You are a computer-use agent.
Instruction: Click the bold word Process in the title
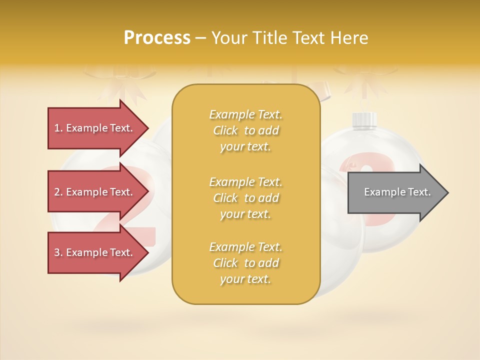click(157, 38)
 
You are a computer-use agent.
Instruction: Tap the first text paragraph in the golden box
click(245, 130)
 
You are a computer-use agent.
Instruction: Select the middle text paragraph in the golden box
click(245, 198)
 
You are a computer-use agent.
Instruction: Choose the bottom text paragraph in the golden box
click(245, 263)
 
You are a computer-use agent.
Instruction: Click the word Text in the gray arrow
click(419, 192)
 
